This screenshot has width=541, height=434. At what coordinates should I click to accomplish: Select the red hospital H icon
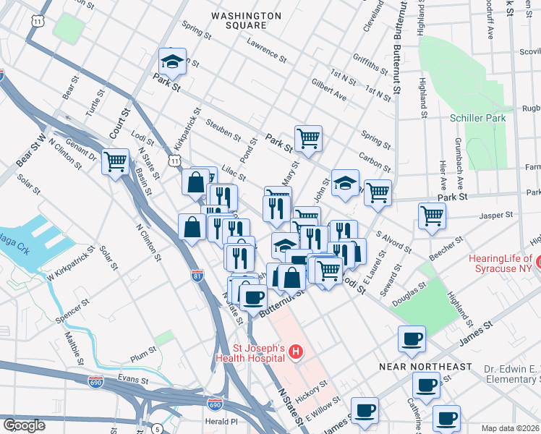pyautogui.click(x=295, y=352)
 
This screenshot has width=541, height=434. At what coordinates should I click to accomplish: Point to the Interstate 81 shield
pyautogui.click(x=197, y=276)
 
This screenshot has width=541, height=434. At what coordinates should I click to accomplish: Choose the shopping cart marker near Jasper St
pyautogui.click(x=431, y=215)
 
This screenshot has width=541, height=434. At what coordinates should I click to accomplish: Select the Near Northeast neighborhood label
pyautogui.click(x=425, y=367)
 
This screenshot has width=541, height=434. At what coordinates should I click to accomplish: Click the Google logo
pyautogui.click(x=24, y=425)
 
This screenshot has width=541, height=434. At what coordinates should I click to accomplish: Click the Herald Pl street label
pyautogui.click(x=221, y=421)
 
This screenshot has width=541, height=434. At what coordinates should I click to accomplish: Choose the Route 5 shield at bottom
pyautogui.click(x=157, y=429)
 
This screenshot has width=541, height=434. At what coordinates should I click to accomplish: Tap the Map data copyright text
pyautogui.click(x=511, y=428)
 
